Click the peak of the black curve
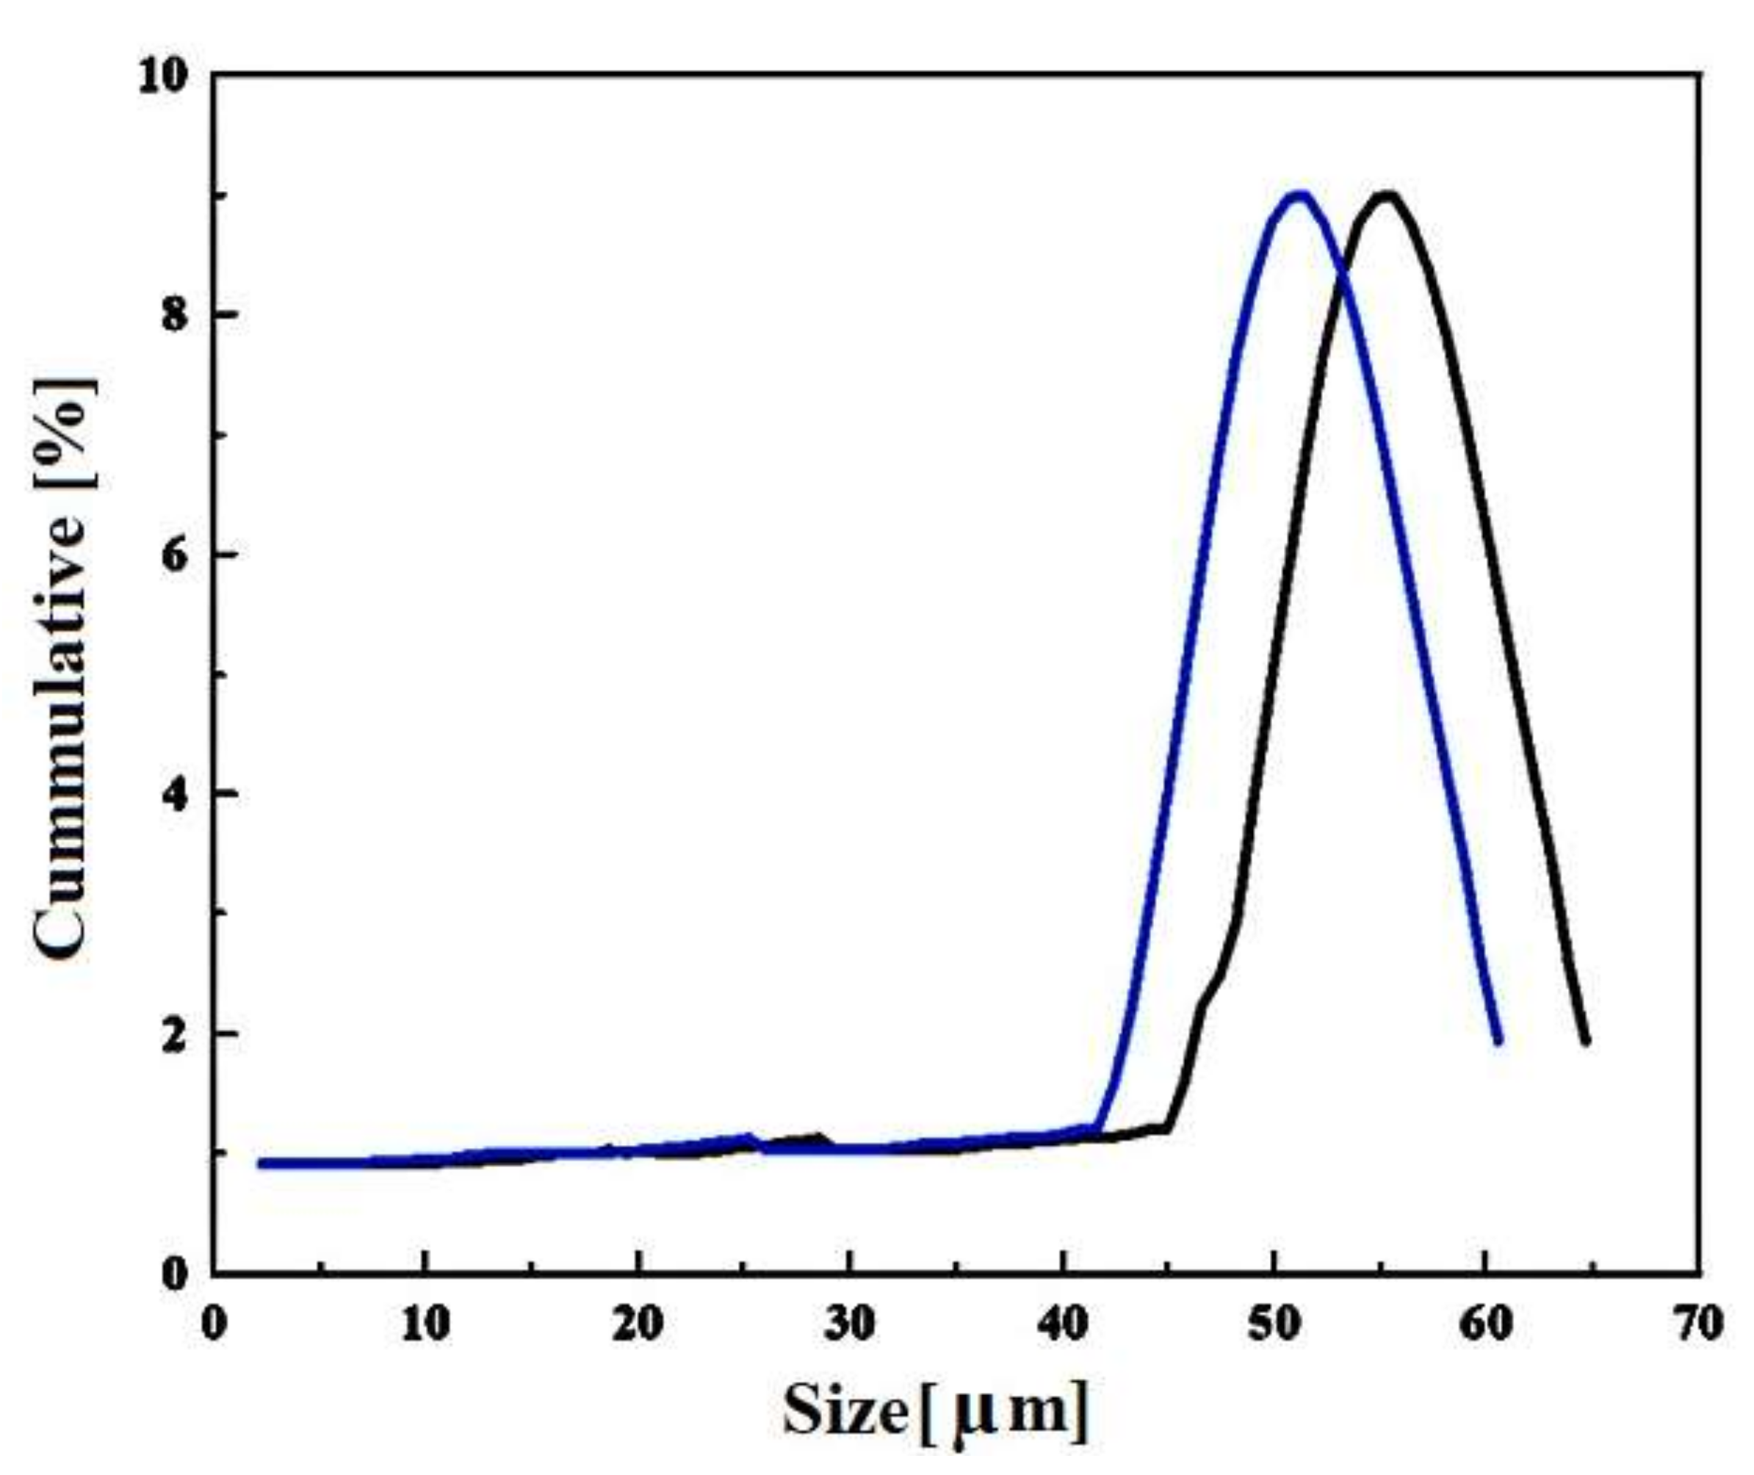point(1387,195)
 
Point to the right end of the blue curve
point(1498,1041)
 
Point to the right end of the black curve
point(1585,1041)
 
